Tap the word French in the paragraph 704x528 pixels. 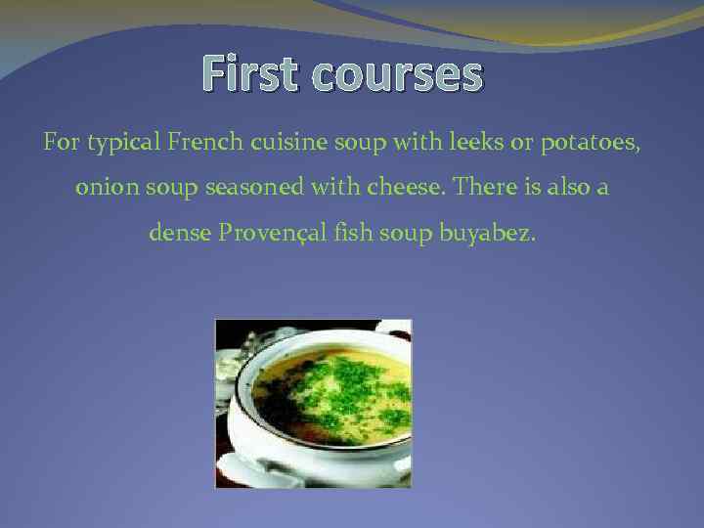click(202, 144)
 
